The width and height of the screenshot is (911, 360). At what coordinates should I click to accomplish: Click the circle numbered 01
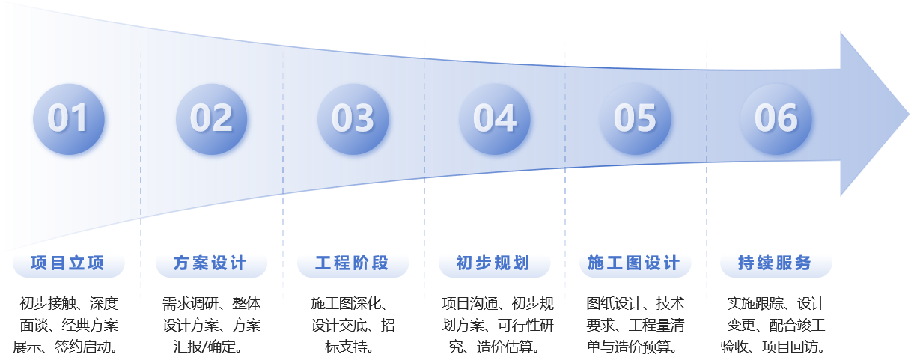coord(69,118)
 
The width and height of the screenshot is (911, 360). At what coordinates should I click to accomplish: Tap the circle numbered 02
coord(211,118)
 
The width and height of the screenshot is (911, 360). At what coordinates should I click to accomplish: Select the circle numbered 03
coord(353,118)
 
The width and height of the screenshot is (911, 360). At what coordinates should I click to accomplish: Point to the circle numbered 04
coord(494,118)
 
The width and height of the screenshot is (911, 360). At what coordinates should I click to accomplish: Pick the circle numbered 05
coord(635,118)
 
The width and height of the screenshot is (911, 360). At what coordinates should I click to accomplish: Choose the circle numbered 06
coord(776,118)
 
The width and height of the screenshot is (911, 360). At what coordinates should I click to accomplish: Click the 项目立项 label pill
coord(68,263)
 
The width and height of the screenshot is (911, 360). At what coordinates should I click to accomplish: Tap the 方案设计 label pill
coord(210,263)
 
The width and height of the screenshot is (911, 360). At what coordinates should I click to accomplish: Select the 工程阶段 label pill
coord(353,263)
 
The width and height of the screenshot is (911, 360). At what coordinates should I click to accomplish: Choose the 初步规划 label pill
coord(494,263)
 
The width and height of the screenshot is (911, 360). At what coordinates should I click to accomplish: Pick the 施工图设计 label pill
coord(635,263)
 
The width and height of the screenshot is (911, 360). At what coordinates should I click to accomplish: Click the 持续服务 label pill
coord(776,263)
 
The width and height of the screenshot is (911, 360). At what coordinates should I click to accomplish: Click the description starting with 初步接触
coord(68,326)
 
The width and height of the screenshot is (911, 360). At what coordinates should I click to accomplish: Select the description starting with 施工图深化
coord(353,326)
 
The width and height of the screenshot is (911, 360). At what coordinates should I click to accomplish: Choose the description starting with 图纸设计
coord(635,326)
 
